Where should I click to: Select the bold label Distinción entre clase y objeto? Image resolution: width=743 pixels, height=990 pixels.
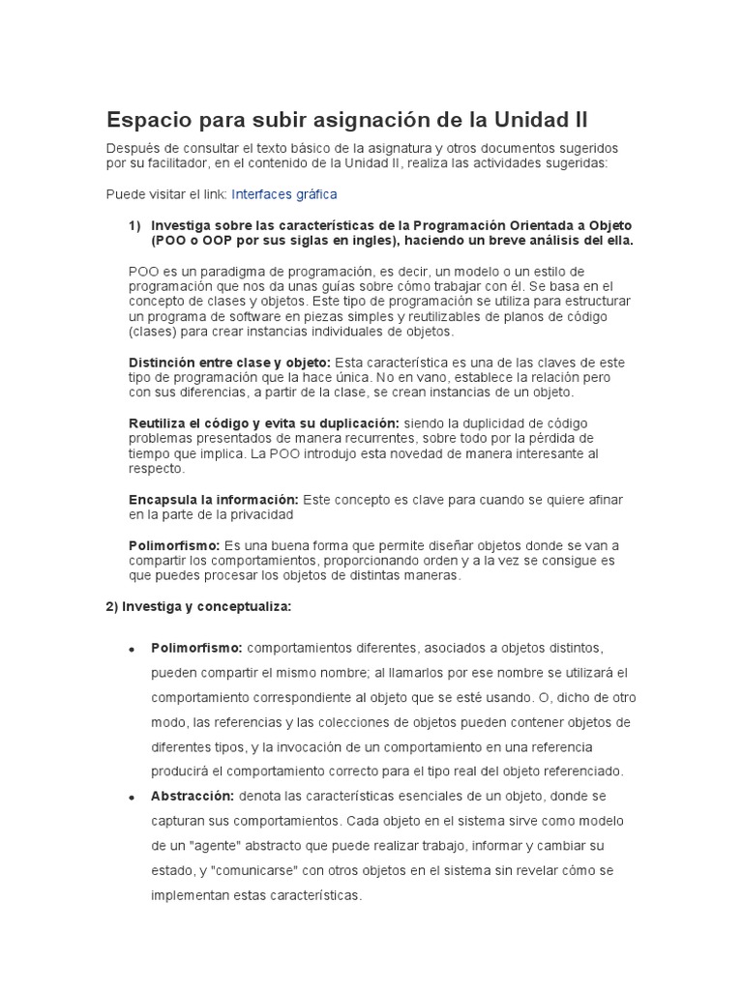click(229, 362)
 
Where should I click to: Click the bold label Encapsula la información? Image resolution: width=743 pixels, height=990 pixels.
click(214, 499)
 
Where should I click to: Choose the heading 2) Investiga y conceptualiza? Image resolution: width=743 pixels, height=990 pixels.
click(197, 607)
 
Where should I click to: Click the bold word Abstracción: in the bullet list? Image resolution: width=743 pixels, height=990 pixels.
click(193, 796)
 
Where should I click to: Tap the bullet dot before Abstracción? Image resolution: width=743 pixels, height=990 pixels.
click(130, 797)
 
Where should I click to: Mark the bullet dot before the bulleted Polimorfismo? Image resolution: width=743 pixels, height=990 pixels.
click(130, 648)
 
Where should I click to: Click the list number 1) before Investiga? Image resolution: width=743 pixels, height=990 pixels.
click(134, 225)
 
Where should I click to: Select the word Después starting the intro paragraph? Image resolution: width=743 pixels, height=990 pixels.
click(134, 148)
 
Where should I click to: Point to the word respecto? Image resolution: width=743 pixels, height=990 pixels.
click(156, 468)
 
